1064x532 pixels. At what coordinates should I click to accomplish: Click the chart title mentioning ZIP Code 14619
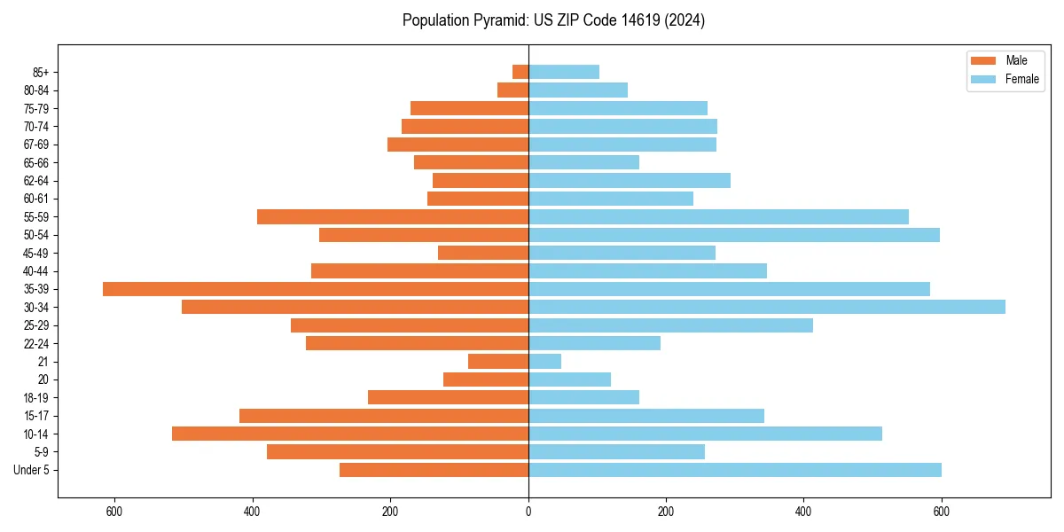[x=553, y=20]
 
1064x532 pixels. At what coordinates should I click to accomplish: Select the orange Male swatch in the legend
[x=984, y=60]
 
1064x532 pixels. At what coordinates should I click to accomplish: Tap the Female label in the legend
[x=1021, y=79]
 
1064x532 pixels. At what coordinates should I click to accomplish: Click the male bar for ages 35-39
[x=316, y=289]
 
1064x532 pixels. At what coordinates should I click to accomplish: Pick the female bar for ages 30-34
[x=767, y=307]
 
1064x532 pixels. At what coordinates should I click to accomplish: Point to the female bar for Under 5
[x=735, y=470]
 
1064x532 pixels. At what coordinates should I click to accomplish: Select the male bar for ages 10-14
[x=350, y=434]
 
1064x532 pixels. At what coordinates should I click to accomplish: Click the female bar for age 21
[x=545, y=361]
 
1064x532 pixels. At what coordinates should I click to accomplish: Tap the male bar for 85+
[x=520, y=72]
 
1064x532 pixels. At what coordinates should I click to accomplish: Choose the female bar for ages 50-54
[x=734, y=235]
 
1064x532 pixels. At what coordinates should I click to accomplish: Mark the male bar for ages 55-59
[x=393, y=216]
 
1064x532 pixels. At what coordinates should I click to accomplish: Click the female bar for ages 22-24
[x=595, y=343]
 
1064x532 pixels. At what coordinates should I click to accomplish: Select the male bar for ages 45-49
[x=483, y=253]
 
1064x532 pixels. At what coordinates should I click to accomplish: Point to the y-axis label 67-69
[x=36, y=145]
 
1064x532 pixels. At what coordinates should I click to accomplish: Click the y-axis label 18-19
[x=36, y=397]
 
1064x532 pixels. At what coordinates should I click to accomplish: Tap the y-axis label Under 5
[x=32, y=470]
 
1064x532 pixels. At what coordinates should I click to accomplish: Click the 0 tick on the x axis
[x=528, y=512]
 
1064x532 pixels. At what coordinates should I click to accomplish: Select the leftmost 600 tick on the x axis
[x=114, y=512]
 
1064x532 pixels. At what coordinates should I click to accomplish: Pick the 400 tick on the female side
[x=803, y=512]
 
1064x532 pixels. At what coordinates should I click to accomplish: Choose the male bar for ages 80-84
[x=513, y=90]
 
